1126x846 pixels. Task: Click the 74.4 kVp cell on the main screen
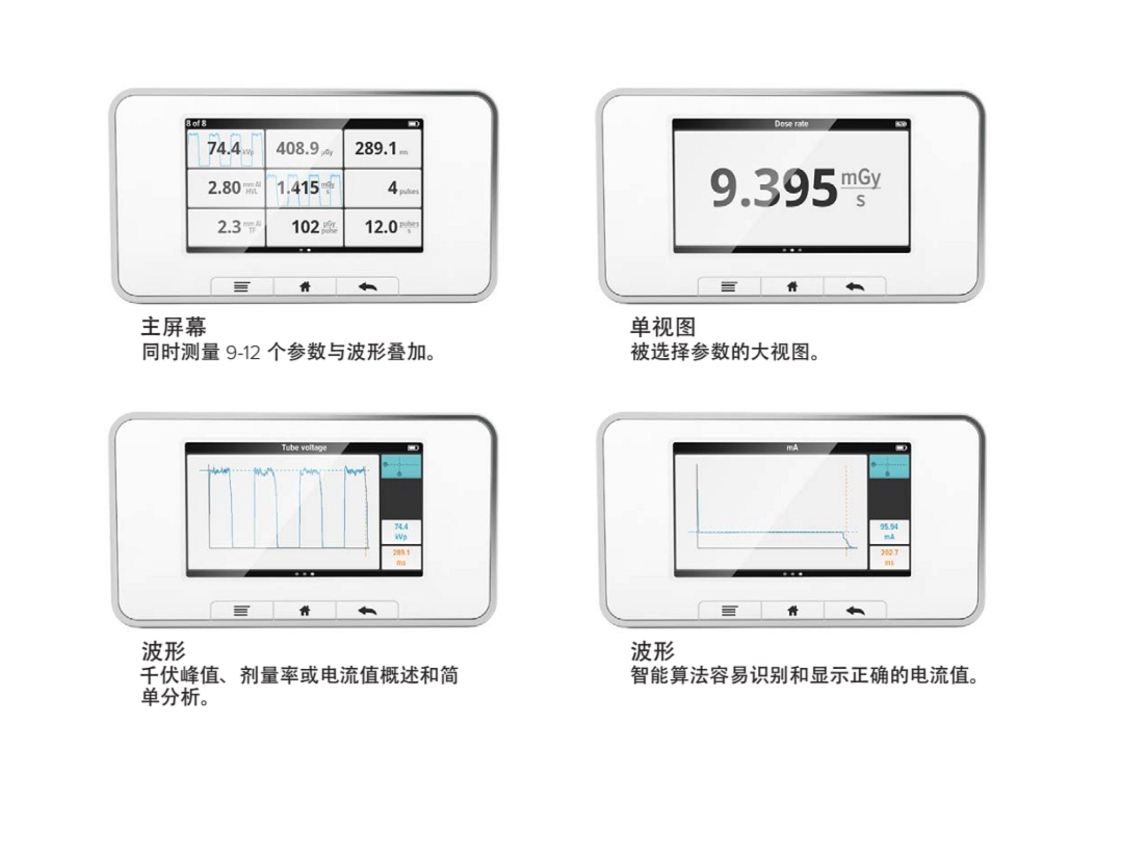point(226,148)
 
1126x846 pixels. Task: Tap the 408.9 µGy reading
point(304,148)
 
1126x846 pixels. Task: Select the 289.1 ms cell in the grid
point(382,148)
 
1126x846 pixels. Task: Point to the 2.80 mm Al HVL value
point(226,188)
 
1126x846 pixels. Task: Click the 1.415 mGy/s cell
point(304,188)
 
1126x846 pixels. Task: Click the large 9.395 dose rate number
point(772,189)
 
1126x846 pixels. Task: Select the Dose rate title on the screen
point(791,124)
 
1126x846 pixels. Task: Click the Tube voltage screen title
point(304,448)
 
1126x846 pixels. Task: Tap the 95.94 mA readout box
point(889,532)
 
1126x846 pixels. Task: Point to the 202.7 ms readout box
point(889,557)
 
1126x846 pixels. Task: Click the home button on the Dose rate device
point(792,287)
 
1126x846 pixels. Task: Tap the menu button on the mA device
point(729,611)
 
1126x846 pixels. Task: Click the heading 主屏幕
point(173,327)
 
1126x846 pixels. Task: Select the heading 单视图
point(663,327)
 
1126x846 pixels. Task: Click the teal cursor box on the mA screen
point(889,466)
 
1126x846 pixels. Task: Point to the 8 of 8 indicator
point(196,124)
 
